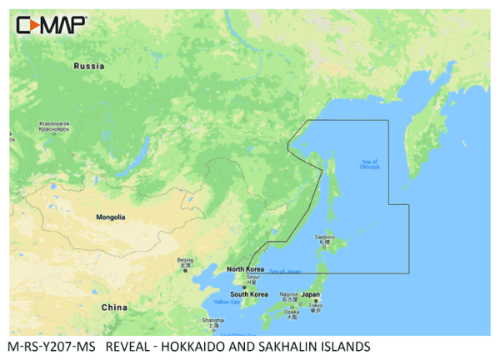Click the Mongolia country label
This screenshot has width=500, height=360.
(109, 217)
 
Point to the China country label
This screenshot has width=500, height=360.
(114, 307)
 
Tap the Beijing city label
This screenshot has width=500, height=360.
(186, 262)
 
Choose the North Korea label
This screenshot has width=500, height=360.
(247, 268)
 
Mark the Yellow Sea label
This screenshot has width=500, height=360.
(226, 302)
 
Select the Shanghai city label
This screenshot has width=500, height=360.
(212, 322)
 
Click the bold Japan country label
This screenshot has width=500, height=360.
(310, 294)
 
